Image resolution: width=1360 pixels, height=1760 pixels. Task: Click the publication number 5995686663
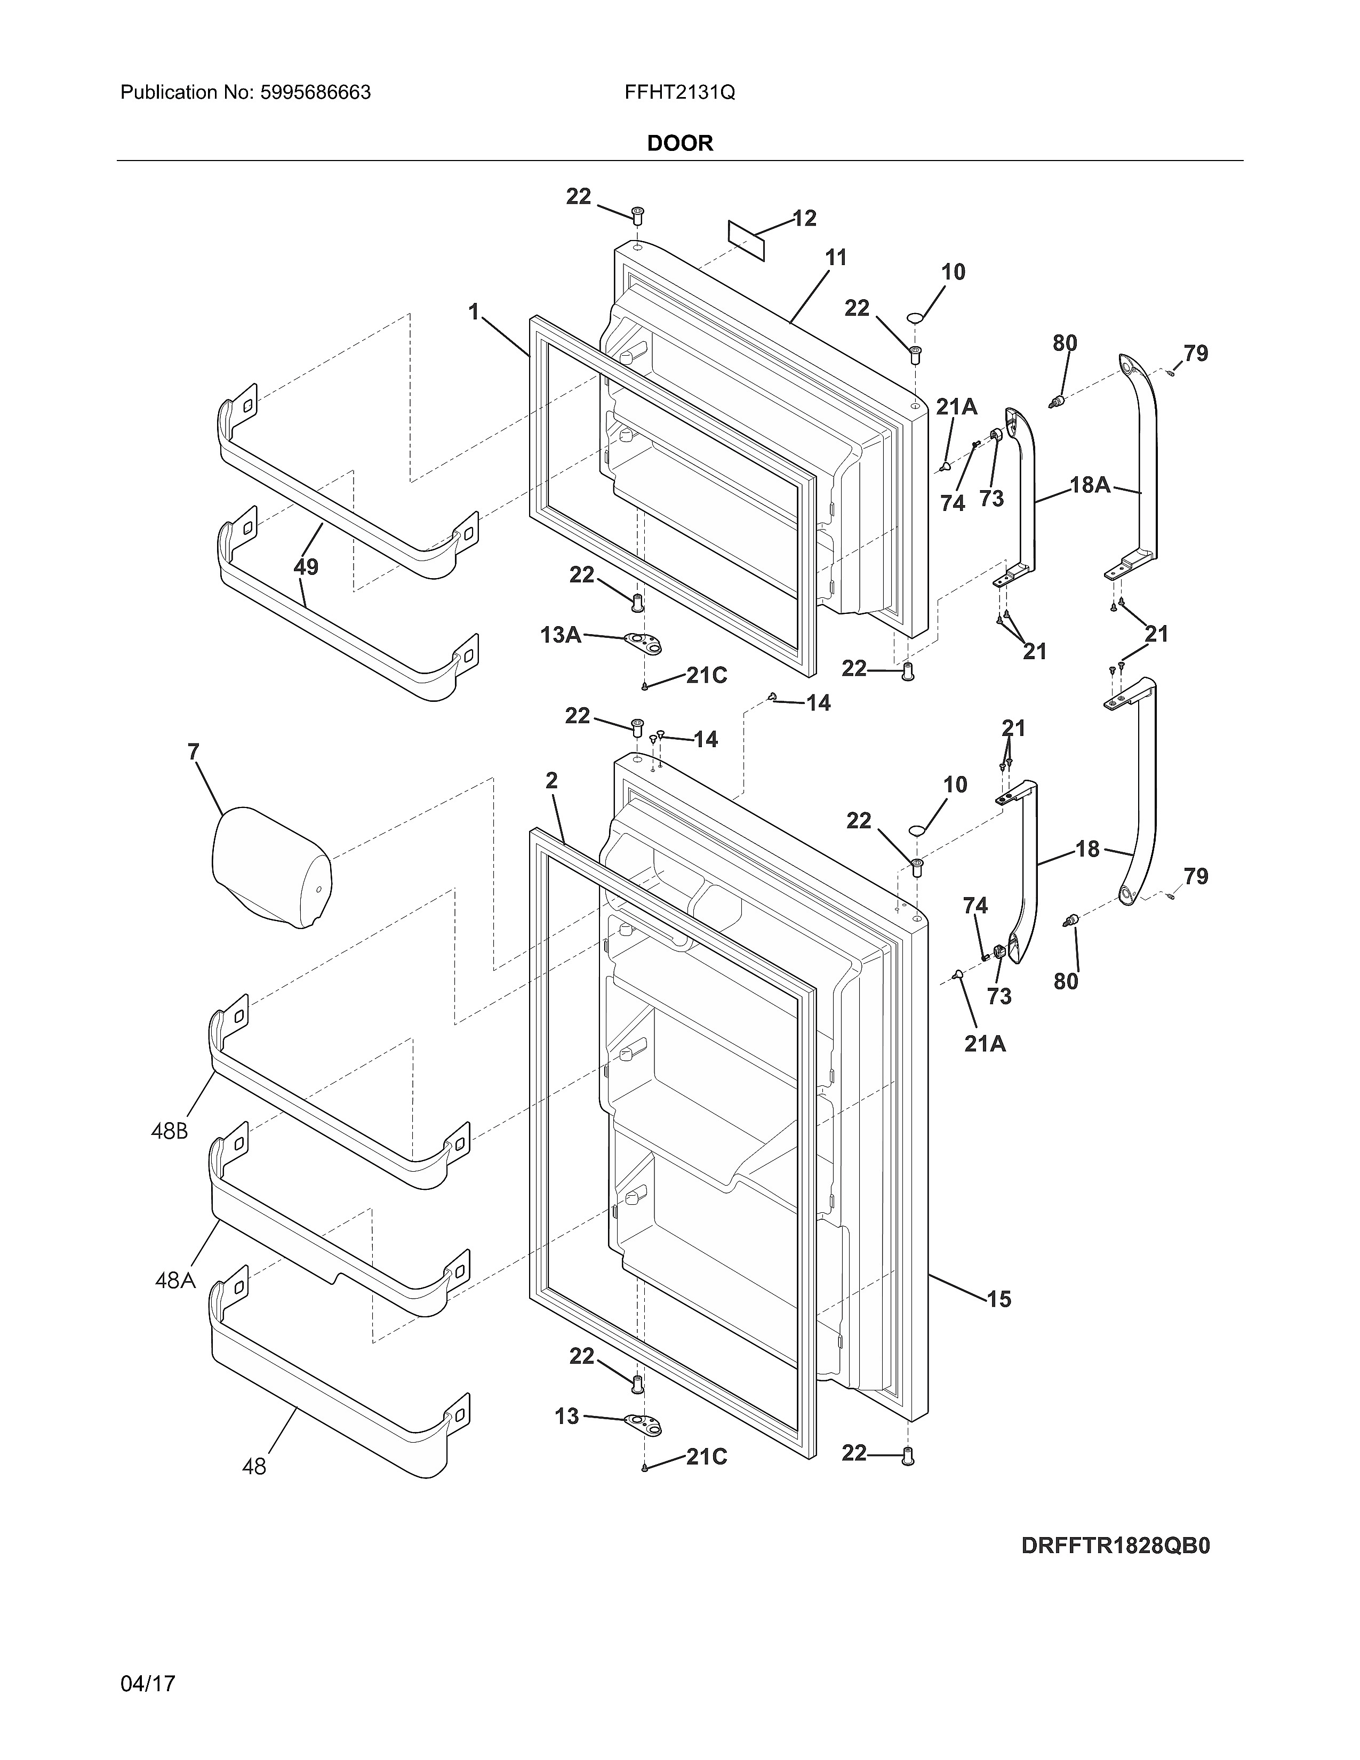tap(315, 93)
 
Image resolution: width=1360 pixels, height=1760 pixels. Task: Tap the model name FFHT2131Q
tap(679, 93)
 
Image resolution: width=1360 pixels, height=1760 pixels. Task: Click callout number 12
tap(804, 218)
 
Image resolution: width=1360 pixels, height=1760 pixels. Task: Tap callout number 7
tap(194, 752)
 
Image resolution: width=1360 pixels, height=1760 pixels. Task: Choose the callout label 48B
tap(169, 1131)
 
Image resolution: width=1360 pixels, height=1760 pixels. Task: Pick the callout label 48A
tap(175, 1279)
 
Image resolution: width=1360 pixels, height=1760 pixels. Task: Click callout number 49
tap(306, 566)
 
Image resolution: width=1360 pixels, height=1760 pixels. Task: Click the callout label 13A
tap(561, 635)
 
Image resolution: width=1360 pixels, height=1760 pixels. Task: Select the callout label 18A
tap(1090, 485)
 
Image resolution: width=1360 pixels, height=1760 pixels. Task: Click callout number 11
tap(836, 258)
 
